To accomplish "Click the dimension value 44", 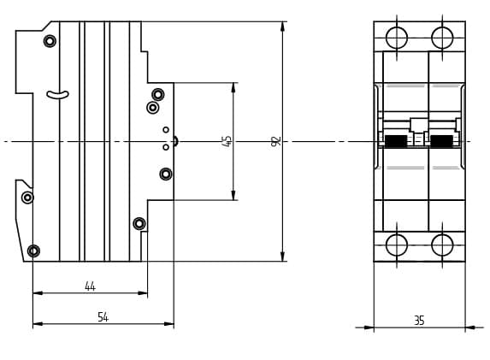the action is pos(90,286).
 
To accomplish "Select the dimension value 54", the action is pos(103,317).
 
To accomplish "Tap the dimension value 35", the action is pos(419,321).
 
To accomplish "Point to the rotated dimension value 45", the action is pos(227,141).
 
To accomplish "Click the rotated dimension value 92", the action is pos(276,141).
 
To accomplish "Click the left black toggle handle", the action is pos(396,141).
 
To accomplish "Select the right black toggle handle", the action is pos(441,141).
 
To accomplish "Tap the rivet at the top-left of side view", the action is pos(50,41).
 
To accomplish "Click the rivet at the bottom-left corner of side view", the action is pos(33,251).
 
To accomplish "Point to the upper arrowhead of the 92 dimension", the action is pos(282,27).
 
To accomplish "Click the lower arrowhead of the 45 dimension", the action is pos(233,195).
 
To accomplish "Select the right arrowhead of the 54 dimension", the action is pos(169,324).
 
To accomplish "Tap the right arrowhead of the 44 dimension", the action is pos(143,292).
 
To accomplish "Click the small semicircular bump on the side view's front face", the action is pos(176,141).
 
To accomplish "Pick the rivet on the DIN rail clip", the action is pos(27,198).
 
